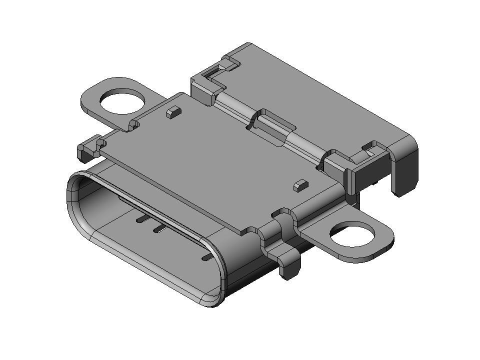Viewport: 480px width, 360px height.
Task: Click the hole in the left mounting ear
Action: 122,101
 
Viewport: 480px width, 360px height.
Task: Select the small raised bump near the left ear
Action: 172,111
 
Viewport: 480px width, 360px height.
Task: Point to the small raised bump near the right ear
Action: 300,185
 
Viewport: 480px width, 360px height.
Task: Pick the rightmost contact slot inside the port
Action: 206,257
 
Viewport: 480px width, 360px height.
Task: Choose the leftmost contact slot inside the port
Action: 141,219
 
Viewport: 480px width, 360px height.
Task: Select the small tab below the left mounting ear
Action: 87,149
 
